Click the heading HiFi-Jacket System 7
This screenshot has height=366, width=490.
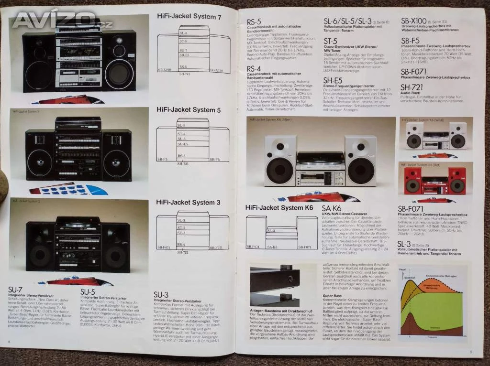pyautogui.click(x=189, y=16)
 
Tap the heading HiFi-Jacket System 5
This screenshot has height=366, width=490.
pyautogui.click(x=189, y=110)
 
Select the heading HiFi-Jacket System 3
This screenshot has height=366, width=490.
pyautogui.click(x=189, y=203)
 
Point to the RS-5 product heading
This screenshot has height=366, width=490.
pyautogui.click(x=254, y=22)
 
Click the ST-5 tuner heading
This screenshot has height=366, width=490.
pyautogui.click(x=330, y=42)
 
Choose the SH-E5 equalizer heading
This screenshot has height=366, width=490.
pyautogui.click(x=333, y=80)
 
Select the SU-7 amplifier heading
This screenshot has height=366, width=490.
pyautogui.click(x=15, y=290)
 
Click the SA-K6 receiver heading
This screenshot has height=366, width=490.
pyautogui.click(x=331, y=208)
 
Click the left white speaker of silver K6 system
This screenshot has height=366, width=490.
pyautogui.click(x=280, y=160)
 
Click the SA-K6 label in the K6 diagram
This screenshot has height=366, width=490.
pyautogui.click(x=273, y=247)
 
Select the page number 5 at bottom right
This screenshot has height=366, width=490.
pyautogui.click(x=471, y=353)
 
